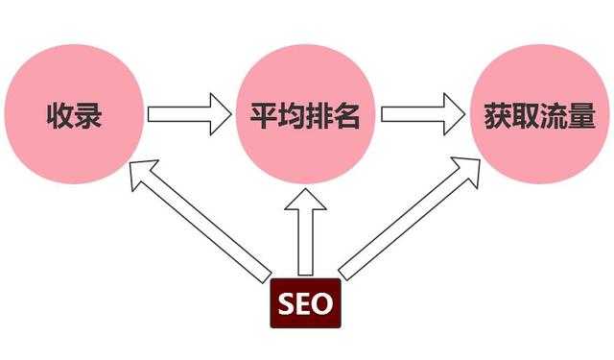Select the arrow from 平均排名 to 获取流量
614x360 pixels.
click(422, 116)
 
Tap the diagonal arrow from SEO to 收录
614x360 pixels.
click(197, 218)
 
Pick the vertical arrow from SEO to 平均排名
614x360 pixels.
click(306, 235)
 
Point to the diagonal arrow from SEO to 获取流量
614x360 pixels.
click(411, 218)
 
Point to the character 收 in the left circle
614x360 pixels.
click(59, 117)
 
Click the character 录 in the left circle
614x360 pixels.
click(88, 117)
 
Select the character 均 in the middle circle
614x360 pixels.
click(291, 117)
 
